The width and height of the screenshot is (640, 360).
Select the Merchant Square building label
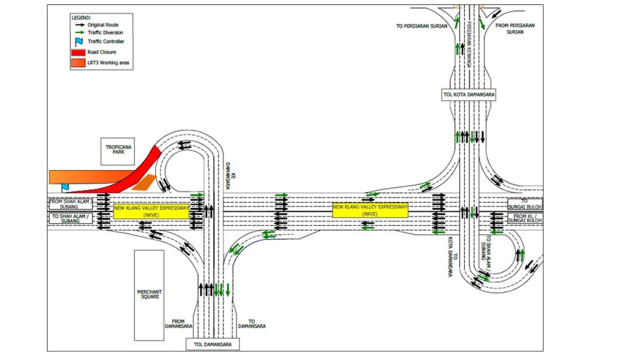[149, 295]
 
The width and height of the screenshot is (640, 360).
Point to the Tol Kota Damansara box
[468, 94]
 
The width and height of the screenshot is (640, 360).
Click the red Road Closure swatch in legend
[79, 52]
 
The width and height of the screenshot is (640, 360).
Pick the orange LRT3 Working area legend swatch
[79, 62]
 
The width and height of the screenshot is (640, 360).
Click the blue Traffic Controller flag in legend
[79, 41]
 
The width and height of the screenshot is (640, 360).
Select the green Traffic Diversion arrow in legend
[79, 32]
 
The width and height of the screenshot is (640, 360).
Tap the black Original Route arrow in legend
[79, 24]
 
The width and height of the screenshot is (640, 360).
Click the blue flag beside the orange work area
[65, 186]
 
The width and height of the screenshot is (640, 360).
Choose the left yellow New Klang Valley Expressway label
[151, 211]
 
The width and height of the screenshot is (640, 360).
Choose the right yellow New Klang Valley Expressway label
[370, 210]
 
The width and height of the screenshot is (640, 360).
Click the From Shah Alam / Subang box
[71, 204]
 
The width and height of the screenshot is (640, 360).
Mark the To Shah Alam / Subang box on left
[71, 218]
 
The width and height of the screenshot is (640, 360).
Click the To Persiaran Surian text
[422, 26]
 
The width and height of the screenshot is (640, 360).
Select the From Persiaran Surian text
[515, 29]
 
